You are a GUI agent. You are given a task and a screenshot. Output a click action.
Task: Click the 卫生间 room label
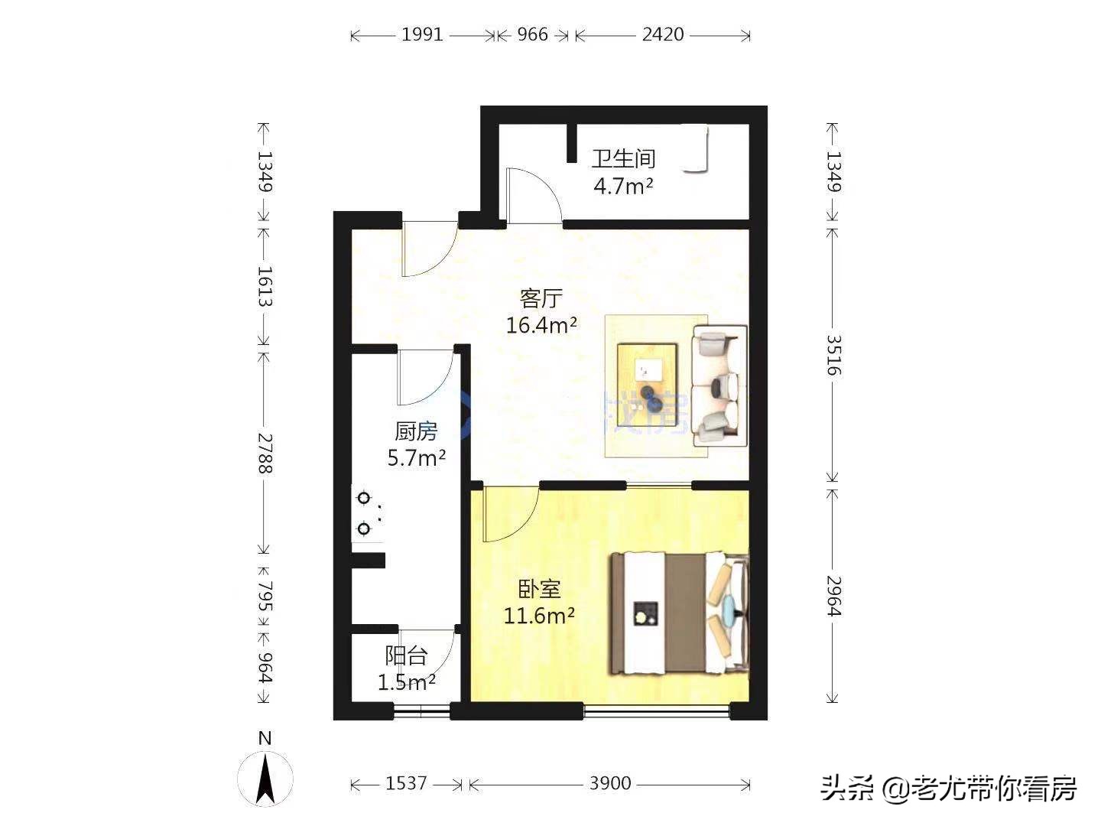[623, 159]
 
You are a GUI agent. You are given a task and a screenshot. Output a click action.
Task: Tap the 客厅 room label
[541, 298]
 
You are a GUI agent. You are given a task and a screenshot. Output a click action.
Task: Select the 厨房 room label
[416, 431]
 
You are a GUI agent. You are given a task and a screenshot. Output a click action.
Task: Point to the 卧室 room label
[540, 589]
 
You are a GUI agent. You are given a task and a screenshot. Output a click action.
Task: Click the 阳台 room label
[406, 655]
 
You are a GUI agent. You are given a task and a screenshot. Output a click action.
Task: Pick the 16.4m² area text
[541, 326]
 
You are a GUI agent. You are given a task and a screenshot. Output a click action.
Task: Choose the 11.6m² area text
[539, 616]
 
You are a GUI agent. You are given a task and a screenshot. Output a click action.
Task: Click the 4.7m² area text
[623, 186]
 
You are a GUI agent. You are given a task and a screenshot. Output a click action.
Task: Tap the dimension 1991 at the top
[422, 34]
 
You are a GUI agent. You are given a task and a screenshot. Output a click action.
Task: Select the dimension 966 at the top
[533, 34]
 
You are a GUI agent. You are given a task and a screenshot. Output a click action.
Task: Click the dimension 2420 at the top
[662, 34]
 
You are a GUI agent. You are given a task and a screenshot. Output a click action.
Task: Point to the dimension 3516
[833, 355]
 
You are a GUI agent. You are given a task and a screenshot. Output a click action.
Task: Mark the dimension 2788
[264, 453]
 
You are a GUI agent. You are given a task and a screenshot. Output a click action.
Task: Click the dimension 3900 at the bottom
[610, 783]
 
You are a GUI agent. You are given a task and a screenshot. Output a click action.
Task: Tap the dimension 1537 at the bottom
[406, 783]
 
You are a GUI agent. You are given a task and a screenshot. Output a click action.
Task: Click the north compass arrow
[265, 779]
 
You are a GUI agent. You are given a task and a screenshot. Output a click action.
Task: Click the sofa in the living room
[719, 385]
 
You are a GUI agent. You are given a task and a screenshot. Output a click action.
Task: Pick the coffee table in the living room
[648, 373]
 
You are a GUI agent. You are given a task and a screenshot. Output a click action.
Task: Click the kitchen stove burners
[365, 513]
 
